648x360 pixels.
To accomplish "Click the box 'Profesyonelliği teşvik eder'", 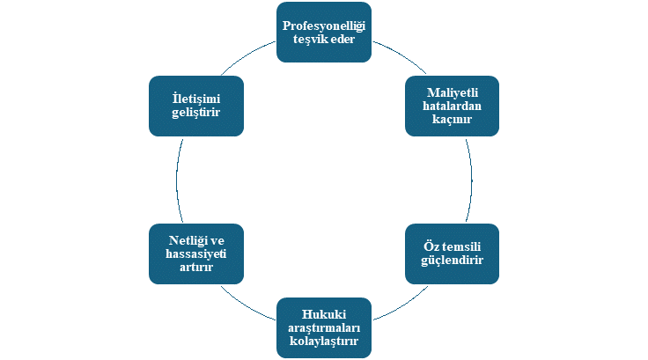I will click(323, 33).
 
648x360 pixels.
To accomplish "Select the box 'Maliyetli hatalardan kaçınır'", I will click(453, 106).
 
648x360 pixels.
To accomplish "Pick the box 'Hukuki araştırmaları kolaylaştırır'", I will click(323, 328).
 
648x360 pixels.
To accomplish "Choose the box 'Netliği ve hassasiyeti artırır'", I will click(195, 253).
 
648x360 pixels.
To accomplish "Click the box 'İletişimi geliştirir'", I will click(195, 106).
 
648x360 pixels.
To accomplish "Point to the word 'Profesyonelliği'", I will click(323, 26).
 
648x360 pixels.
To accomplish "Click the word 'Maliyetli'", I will click(453, 92).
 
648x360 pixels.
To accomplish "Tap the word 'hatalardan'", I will click(453, 106).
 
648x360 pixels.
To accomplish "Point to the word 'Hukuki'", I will click(323, 315).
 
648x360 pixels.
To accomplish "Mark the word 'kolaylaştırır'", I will click(323, 342).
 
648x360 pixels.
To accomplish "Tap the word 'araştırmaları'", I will click(323, 328).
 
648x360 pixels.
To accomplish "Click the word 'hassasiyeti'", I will click(195, 253).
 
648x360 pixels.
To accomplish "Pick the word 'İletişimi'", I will click(195, 99).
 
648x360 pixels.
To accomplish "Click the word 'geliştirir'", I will click(195, 113).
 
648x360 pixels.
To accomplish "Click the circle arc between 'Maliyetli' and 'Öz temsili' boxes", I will click(471, 180).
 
